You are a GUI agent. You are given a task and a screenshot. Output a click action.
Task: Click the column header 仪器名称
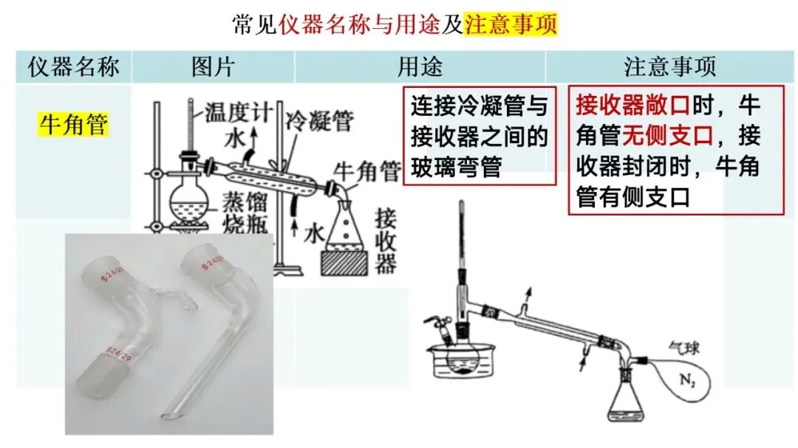click(x=73, y=67)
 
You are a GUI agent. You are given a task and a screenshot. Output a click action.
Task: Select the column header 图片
click(x=213, y=67)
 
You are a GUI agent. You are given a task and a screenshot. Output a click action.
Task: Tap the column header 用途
click(x=420, y=67)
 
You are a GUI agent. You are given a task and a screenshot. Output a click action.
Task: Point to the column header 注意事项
click(x=669, y=67)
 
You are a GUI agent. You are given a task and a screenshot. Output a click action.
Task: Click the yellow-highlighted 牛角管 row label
click(x=74, y=124)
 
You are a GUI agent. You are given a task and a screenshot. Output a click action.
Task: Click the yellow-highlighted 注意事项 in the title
click(x=511, y=24)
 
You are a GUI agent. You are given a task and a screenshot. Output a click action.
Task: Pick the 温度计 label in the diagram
click(x=238, y=112)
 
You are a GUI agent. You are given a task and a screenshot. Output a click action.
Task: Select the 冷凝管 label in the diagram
click(x=319, y=121)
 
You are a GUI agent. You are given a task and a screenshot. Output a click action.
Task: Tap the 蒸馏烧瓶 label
click(x=245, y=213)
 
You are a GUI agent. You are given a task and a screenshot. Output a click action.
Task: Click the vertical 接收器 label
click(x=385, y=241)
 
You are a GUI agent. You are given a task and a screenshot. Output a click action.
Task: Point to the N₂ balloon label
click(x=688, y=380)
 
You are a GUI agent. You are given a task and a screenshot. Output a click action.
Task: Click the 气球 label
click(x=683, y=348)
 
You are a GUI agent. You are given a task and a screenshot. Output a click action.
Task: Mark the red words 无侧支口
click(x=667, y=136)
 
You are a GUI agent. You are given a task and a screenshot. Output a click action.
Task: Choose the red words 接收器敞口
click(x=632, y=106)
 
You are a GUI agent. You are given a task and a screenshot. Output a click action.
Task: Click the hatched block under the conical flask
click(x=344, y=263)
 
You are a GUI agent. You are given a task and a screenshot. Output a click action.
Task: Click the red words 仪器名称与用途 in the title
click(x=359, y=24)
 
